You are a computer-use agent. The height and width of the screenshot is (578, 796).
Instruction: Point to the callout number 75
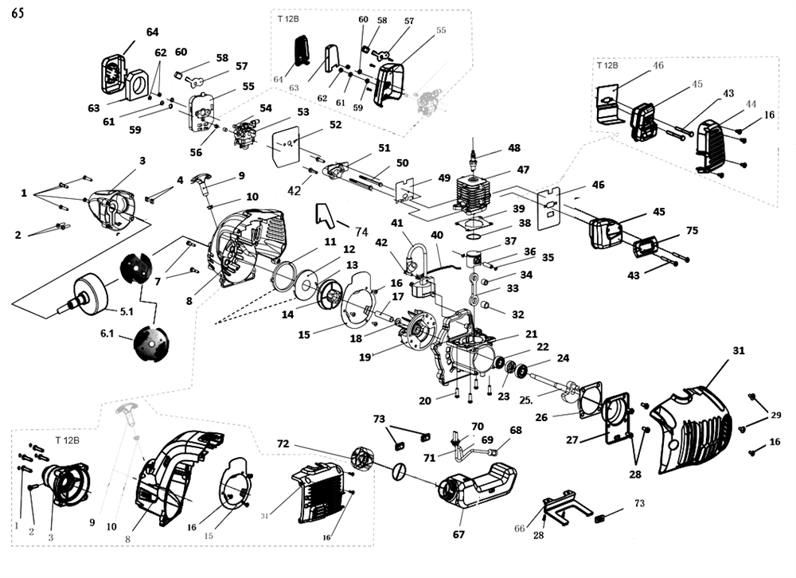coord(692,231)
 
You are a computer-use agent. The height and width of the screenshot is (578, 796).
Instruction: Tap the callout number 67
coord(458,535)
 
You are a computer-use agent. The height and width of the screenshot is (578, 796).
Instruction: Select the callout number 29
coord(776,415)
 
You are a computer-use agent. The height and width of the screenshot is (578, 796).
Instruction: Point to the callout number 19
coord(365,358)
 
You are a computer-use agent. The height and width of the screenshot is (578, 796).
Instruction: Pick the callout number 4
coord(180,180)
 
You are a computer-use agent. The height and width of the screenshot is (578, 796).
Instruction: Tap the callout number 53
coord(302,112)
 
